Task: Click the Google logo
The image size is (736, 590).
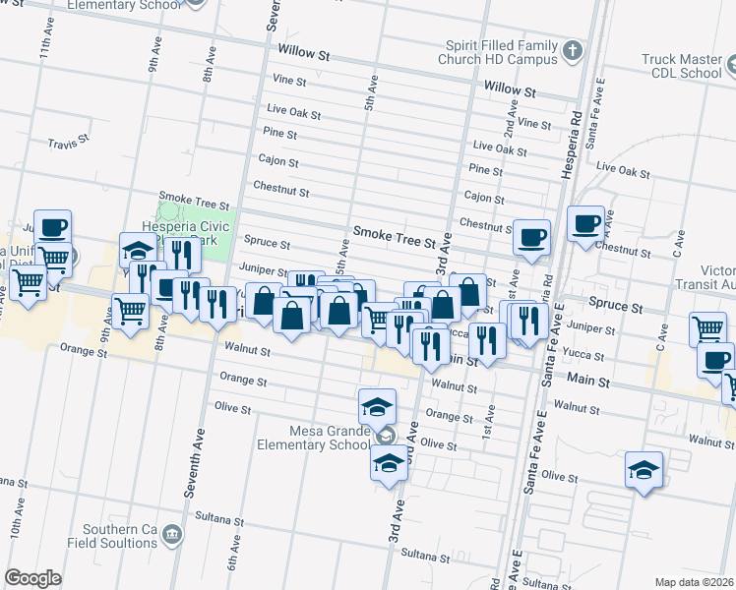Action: pyautogui.click(x=32, y=578)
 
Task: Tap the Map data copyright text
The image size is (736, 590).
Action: pyautogui.click(x=695, y=582)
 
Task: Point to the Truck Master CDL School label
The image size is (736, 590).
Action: pyautogui.click(x=681, y=66)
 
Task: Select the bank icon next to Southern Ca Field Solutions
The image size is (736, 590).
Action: pyautogui.click(x=173, y=536)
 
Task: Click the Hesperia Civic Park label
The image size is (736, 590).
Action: pyautogui.click(x=186, y=233)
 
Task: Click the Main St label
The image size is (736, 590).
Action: pyautogui.click(x=589, y=379)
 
